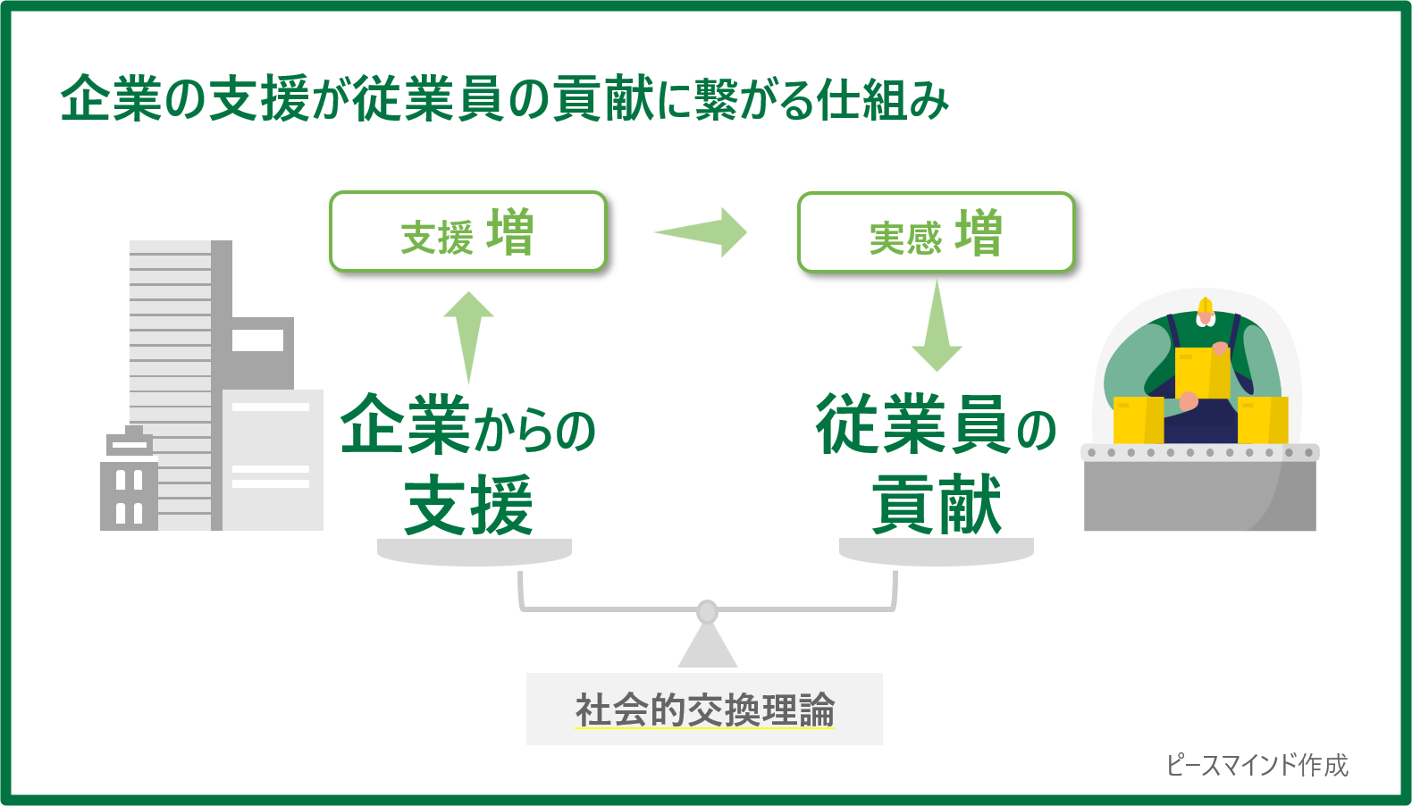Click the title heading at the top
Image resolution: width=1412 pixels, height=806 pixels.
point(504,98)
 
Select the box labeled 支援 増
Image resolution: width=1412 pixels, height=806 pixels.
point(468,231)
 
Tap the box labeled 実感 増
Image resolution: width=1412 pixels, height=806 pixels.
point(936,232)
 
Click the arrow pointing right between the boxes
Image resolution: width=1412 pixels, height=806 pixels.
point(702,232)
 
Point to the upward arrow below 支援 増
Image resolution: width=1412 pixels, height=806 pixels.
point(468,335)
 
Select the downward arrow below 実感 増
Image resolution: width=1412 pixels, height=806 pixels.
point(937,326)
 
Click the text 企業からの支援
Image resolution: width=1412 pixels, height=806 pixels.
point(468,465)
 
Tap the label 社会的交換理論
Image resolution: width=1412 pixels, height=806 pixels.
point(704,710)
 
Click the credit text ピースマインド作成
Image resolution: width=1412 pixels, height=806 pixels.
point(1257,765)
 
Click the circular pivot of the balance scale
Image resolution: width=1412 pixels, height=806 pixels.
point(707,612)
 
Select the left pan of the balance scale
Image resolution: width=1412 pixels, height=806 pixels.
point(475,551)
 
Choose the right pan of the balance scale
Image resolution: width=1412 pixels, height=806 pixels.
point(937,551)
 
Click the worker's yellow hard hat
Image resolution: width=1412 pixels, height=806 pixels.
point(1206,307)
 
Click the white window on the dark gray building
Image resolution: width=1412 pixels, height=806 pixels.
point(257,340)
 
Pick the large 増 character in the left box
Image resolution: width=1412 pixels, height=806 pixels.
point(511,232)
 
